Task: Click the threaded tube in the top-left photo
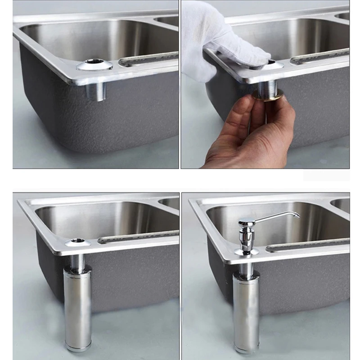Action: (95, 91)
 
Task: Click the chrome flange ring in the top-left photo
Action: (94, 66)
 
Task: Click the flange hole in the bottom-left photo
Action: (78, 241)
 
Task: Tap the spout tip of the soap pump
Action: (297, 215)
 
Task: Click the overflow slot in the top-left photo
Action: (148, 59)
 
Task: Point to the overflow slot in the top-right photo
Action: (319, 57)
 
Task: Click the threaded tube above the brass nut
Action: (266, 85)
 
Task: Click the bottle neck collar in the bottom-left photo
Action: (77, 270)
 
